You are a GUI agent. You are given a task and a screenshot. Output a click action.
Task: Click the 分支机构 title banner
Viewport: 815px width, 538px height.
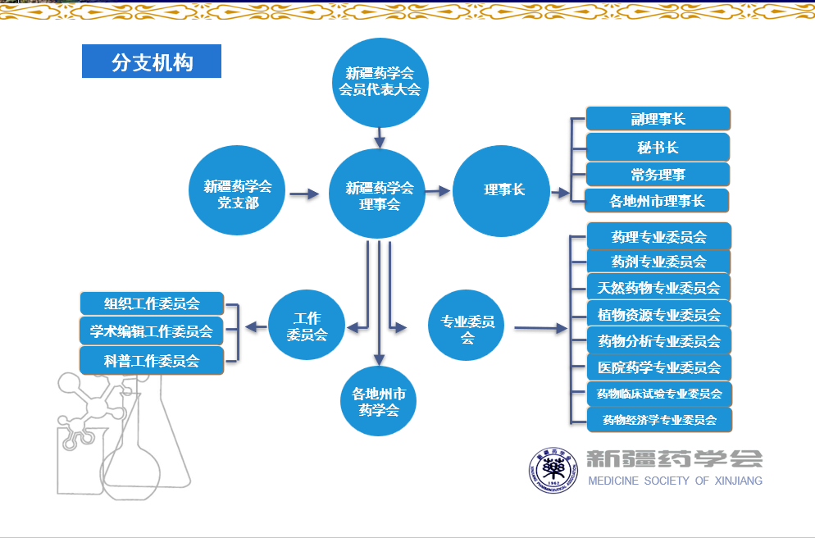(152, 62)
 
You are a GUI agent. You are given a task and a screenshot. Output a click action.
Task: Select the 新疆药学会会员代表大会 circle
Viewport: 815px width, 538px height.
(380, 81)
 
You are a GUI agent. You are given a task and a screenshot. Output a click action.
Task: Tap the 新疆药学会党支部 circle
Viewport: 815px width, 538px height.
(238, 190)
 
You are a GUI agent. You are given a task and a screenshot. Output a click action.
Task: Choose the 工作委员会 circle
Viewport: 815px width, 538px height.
(307, 326)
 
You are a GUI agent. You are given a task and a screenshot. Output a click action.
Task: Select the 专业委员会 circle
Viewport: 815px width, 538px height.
(467, 326)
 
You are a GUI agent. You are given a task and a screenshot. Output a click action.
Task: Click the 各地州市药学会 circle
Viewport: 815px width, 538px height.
(379, 401)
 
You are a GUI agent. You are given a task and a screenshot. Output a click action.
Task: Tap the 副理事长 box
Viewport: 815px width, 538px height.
(658, 119)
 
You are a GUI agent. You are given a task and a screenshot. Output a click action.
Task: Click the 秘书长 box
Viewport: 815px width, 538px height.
(658, 148)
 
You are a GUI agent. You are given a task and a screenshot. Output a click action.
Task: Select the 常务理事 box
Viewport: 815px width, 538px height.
(658, 174)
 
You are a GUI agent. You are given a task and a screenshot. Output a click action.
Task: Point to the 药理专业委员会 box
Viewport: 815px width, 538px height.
(658, 236)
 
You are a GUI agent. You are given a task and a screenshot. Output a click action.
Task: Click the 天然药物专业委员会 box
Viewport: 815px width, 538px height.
(658, 288)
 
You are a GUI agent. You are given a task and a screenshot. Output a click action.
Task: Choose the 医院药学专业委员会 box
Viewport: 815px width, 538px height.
(658, 367)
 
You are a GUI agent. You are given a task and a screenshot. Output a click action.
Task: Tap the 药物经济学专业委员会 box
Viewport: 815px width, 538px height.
(659, 420)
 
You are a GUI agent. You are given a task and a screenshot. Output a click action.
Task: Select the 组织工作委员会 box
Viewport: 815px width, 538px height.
(152, 303)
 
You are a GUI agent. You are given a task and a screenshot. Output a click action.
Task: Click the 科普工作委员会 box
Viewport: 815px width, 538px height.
(152, 359)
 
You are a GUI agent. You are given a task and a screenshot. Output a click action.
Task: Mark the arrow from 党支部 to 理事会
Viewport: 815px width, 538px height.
(303, 194)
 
